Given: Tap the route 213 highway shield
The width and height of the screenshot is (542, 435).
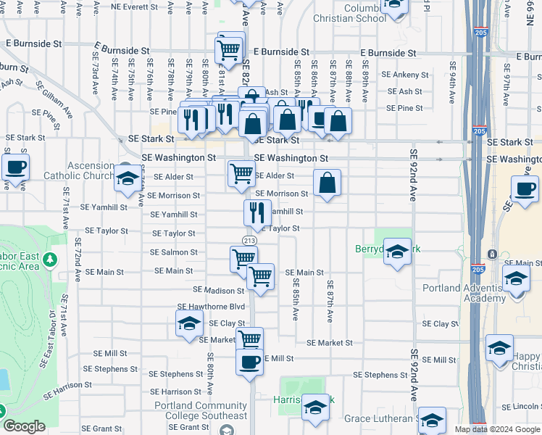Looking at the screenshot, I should coord(249,241).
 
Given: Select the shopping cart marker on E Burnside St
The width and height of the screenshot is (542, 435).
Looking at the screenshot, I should coord(229,51).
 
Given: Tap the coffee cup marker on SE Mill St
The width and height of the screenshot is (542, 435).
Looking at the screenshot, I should coord(249,362).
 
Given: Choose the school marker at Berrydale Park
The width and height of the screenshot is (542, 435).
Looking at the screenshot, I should coord(396,252).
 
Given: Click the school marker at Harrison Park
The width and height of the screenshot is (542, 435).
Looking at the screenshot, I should coord(315,408).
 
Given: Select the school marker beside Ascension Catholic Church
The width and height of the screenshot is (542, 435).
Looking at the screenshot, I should coord(128,178).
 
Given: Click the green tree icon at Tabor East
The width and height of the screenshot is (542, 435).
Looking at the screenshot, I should coord(50,259).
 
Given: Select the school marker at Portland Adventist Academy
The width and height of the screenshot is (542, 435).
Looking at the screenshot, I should coord(516,278).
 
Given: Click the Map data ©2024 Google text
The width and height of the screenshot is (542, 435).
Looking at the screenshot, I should coord(498,429).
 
